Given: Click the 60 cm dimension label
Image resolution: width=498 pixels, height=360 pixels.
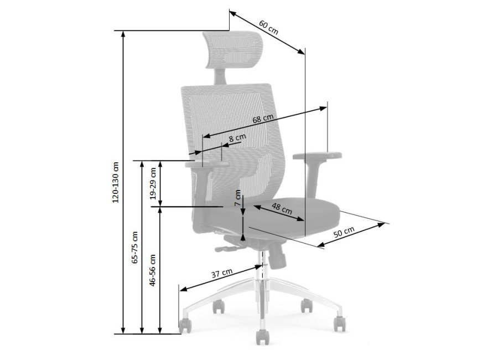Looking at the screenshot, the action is coord(268,27).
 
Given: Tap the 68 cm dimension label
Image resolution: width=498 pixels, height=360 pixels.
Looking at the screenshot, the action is coord(263,119).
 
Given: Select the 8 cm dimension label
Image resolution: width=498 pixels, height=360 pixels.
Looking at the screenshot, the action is coord(237,138).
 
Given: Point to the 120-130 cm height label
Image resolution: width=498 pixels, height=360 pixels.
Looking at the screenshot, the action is coord(116,183).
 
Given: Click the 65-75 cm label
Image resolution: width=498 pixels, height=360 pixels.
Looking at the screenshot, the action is coord(134,248).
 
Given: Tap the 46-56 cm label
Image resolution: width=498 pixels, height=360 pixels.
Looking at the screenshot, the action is coord(153,270).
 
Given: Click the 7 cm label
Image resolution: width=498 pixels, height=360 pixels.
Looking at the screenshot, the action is coord(238,198).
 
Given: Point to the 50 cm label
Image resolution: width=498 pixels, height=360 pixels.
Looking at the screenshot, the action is coord(344,233).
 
